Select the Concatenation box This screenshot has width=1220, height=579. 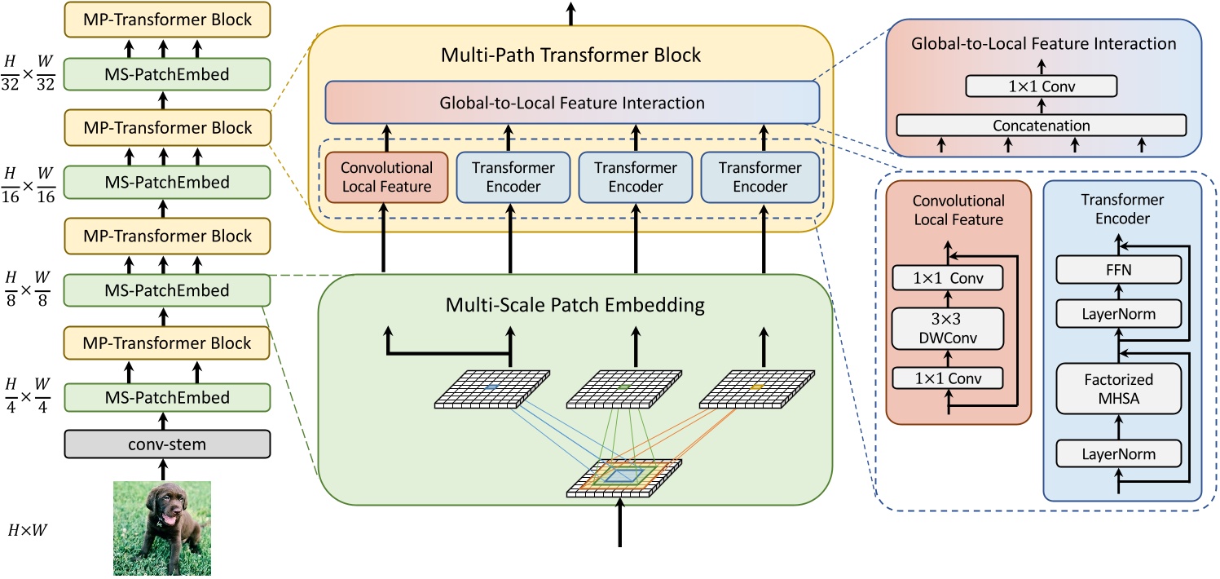click(1041, 126)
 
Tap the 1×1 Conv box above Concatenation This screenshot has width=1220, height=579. click(1042, 86)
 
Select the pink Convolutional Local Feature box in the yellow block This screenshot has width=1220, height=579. click(386, 177)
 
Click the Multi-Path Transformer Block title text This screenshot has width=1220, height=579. click(571, 55)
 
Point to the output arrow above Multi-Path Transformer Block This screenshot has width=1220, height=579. click(570, 12)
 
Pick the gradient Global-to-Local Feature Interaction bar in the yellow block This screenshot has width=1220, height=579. click(571, 103)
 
